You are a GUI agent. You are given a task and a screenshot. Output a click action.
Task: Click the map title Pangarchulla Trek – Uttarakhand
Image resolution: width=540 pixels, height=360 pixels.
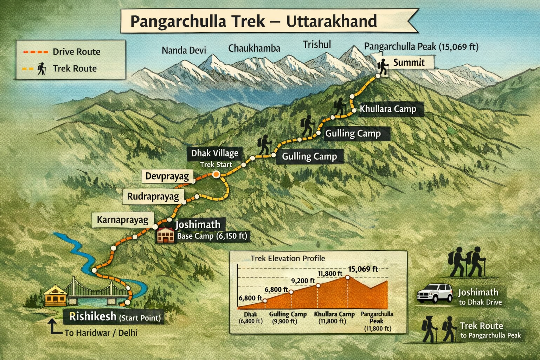tap(253, 21)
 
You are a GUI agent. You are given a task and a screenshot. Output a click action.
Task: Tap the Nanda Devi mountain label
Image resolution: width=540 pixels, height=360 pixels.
tap(184, 50)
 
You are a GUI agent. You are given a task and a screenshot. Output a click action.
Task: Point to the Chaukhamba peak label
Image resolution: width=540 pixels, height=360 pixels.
tap(254, 48)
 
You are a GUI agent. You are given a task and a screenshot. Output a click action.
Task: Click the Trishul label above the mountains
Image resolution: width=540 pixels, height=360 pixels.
tap(317, 45)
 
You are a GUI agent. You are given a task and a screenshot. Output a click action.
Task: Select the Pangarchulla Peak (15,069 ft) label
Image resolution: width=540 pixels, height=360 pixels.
tap(421, 46)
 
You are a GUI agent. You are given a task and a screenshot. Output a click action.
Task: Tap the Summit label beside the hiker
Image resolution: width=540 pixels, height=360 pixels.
tap(409, 63)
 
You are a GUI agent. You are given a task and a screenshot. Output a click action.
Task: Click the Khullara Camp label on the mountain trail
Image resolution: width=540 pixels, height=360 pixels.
tap(388, 109)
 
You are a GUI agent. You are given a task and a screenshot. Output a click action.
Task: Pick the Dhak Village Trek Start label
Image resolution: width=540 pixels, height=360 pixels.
tap(215, 158)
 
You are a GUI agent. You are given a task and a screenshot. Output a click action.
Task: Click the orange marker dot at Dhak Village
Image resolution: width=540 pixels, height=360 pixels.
tap(216, 174)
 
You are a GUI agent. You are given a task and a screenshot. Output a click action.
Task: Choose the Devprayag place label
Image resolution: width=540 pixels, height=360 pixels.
tap(167, 176)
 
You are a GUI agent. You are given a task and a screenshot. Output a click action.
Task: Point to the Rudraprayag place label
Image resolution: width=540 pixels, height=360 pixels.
tap(153, 196)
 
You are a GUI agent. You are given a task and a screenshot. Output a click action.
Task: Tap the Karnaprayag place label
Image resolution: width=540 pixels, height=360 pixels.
tap(123, 220)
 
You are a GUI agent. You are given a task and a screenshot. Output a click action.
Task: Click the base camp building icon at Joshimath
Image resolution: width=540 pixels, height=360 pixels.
tap(165, 235)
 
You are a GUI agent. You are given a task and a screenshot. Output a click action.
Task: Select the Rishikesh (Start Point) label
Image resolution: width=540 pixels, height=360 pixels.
tap(115, 317)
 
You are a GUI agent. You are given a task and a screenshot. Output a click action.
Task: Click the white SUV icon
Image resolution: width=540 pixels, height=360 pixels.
tap(435, 293)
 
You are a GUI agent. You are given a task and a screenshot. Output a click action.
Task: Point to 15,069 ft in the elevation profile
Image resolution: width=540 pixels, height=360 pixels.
tap(363, 269)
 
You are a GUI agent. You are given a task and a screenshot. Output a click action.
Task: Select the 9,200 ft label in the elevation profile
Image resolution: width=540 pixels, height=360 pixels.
tap(303, 281)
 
